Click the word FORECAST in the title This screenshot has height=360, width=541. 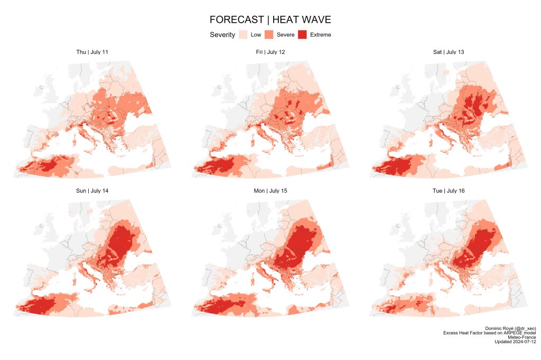click(236, 20)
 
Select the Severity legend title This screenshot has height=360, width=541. click(222, 35)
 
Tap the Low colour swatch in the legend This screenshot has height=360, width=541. click(243, 35)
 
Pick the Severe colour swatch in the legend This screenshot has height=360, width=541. click(269, 35)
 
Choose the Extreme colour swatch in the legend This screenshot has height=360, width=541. click(303, 35)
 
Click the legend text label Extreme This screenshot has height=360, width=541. click(321, 35)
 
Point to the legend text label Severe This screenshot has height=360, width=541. click(286, 35)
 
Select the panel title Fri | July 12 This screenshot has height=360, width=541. click(270, 52)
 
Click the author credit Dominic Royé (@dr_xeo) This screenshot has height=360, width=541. click(510, 328)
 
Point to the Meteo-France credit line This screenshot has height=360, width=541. click(522, 337)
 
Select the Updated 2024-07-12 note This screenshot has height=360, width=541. click(515, 342)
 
